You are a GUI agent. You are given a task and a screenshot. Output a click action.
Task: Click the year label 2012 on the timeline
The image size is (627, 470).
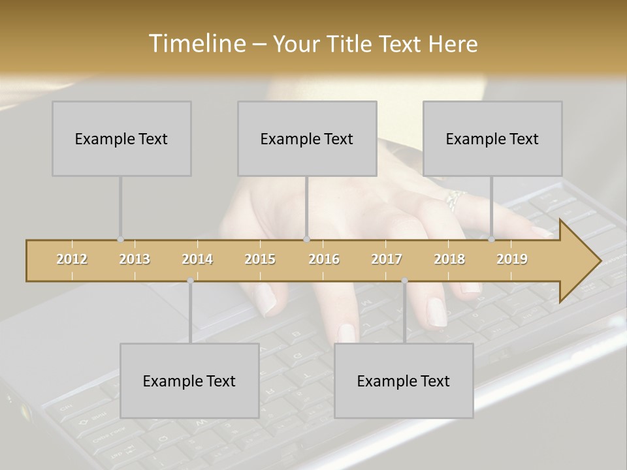72,259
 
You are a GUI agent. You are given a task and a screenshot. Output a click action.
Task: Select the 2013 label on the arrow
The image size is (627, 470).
135,259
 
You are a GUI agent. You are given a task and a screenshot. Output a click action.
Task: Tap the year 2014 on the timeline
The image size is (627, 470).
197,259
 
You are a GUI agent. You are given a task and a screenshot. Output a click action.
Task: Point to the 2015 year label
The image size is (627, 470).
260,259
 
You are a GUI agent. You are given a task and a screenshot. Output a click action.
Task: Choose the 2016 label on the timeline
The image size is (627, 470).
324,259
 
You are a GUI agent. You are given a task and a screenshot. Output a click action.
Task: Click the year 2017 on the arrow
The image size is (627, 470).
387,259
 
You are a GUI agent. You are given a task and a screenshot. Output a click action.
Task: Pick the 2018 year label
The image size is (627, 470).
449,259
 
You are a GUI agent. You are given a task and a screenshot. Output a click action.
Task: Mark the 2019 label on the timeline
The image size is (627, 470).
512,259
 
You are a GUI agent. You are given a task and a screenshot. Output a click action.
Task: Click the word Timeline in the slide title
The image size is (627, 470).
195,44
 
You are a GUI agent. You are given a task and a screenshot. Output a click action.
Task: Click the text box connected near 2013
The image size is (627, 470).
121,138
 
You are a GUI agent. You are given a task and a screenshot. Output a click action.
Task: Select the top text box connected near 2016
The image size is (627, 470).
307,138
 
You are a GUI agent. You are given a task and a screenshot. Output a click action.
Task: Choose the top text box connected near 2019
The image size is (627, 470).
492,138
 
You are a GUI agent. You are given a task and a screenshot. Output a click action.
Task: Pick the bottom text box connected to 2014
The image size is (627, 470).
189,381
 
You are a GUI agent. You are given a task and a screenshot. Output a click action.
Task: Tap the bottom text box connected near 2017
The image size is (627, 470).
404,381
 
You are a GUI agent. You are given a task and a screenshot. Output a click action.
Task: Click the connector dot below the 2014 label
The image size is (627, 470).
190,281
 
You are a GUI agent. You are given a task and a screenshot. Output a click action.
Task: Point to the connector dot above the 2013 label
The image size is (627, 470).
120,240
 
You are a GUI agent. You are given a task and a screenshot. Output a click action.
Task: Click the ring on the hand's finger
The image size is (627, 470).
454,198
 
